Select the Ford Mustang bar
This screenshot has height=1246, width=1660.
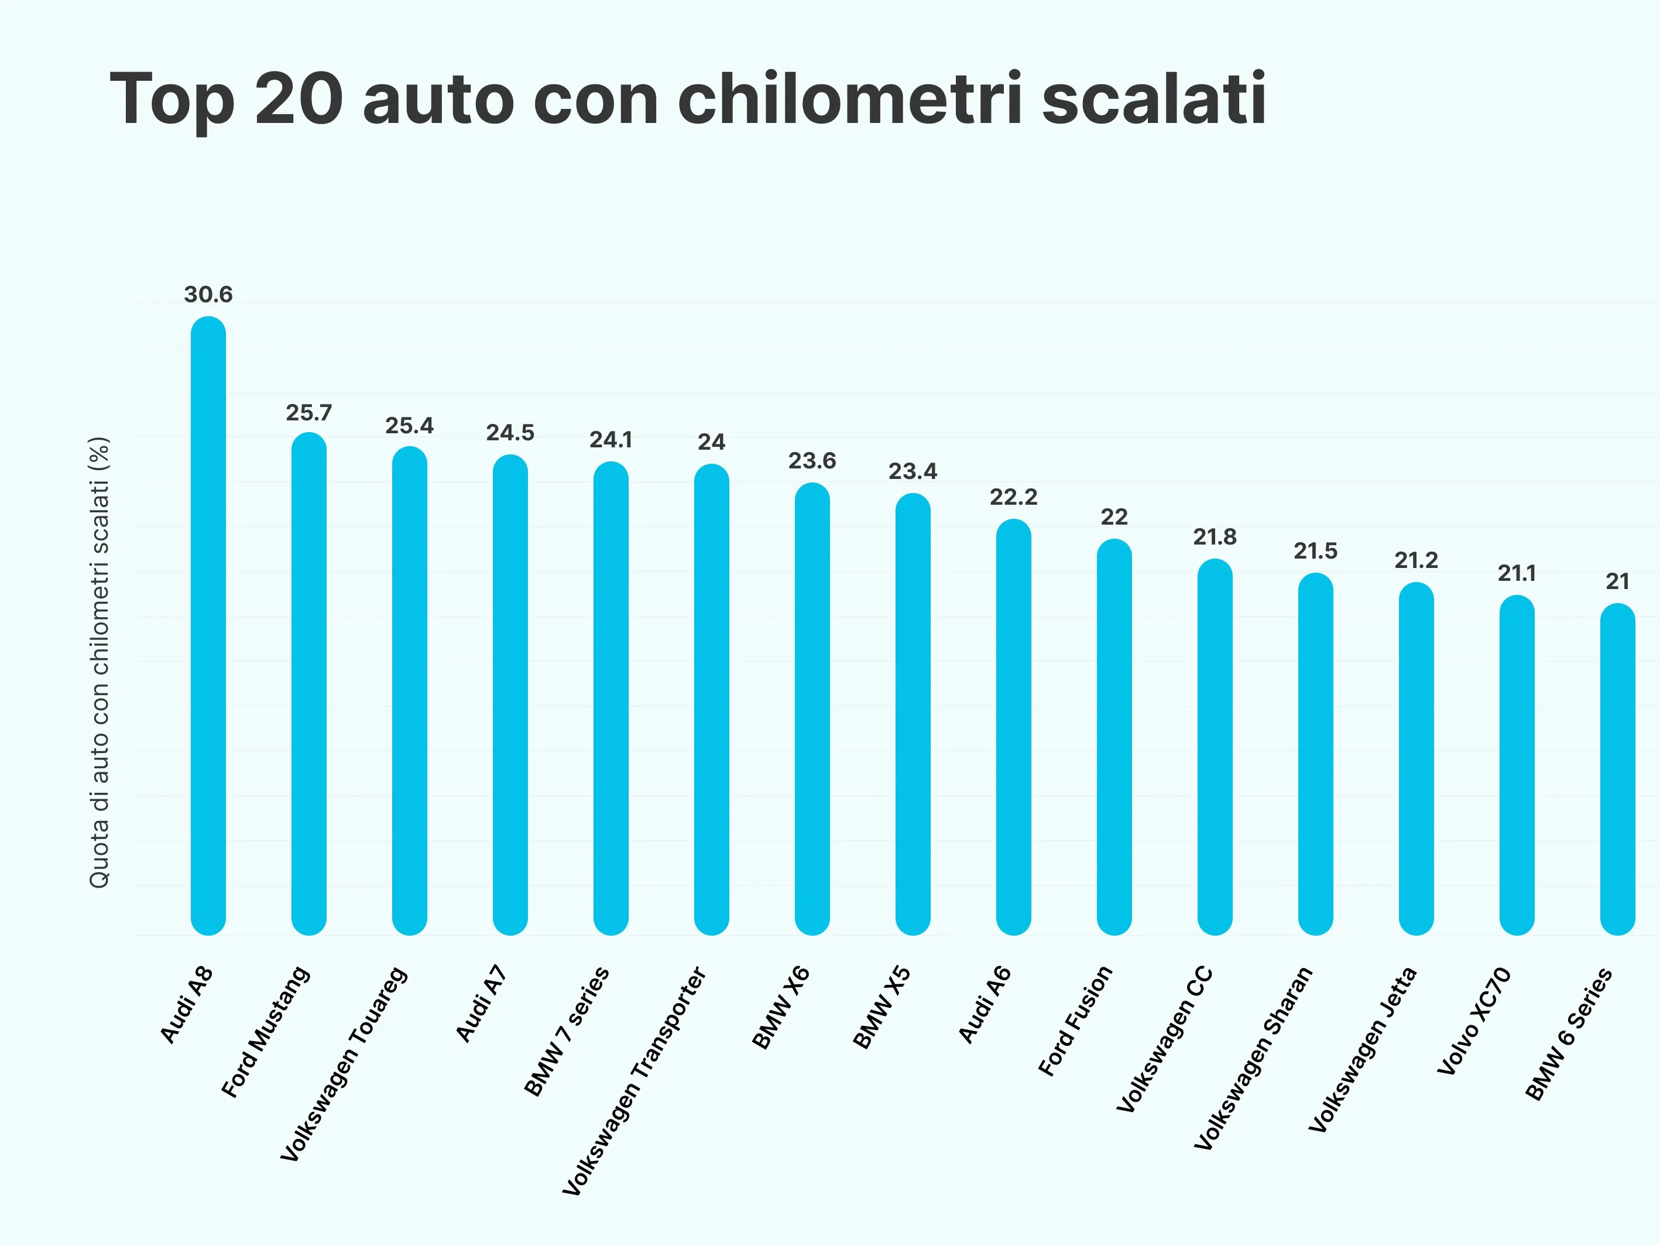(308, 683)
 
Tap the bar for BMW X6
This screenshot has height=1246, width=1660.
(812, 708)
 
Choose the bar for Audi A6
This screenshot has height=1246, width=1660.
(1013, 727)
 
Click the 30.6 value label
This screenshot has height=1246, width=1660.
(208, 295)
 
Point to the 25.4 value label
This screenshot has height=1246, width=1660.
(409, 426)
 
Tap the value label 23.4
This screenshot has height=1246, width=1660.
(913, 471)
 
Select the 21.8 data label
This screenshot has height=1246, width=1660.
(1214, 537)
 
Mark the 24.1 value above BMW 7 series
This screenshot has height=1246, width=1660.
(610, 440)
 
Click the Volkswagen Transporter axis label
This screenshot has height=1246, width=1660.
(634, 1081)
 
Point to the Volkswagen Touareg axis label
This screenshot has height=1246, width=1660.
(344, 1064)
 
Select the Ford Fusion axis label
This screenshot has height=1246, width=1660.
(1075, 1021)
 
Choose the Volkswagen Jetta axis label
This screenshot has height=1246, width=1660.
(1361, 1050)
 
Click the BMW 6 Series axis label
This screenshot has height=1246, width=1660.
(1568, 1034)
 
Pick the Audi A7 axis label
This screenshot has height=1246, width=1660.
(481, 1004)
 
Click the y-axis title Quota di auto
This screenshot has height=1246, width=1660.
(99, 662)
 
